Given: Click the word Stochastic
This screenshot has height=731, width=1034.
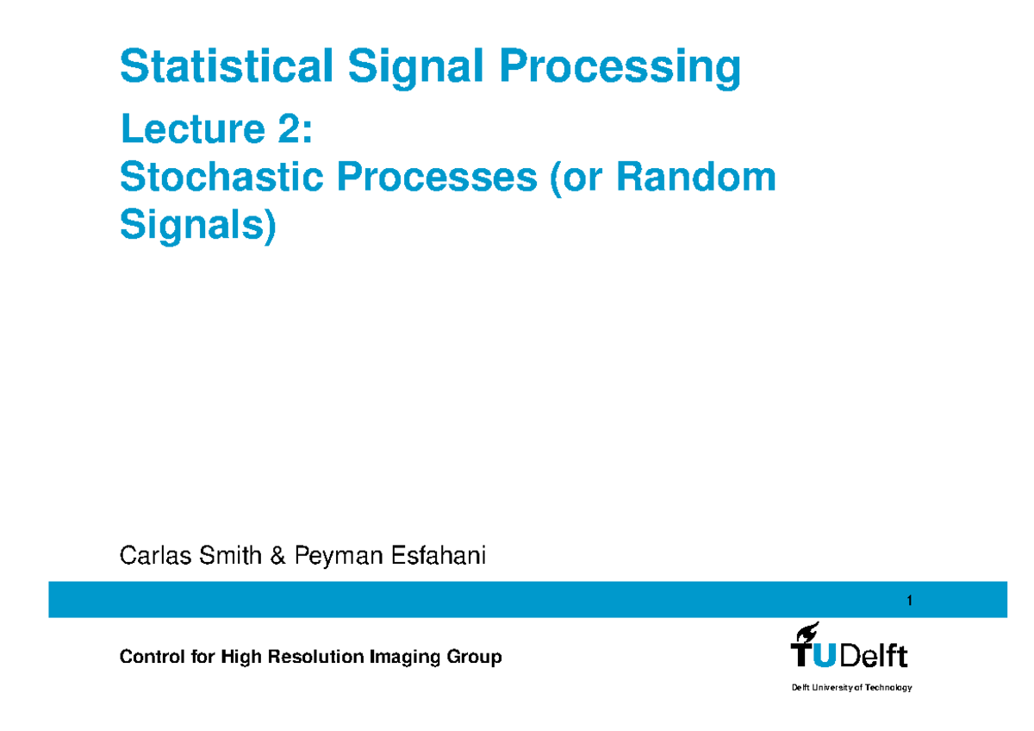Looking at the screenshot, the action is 221,176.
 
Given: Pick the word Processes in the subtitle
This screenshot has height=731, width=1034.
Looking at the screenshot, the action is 437,176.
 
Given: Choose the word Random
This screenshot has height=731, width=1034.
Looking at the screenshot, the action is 696,176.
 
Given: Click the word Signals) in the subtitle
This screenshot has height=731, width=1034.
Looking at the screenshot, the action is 198,226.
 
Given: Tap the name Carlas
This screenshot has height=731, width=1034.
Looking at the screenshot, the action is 156,555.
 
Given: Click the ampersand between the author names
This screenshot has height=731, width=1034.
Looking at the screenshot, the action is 277,555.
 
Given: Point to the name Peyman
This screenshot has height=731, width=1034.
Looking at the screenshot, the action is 338,557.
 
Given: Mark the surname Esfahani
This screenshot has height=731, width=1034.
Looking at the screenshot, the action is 438,555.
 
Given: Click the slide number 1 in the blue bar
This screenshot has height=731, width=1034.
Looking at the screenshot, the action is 909,600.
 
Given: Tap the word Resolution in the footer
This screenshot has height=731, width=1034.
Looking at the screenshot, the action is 315,656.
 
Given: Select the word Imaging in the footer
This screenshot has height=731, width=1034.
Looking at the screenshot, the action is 405,658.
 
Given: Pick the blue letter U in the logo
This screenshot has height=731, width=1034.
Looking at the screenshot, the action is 825,655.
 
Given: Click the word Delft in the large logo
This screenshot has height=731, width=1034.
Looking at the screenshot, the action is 874,655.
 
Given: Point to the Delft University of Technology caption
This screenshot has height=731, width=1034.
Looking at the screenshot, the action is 851,688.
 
